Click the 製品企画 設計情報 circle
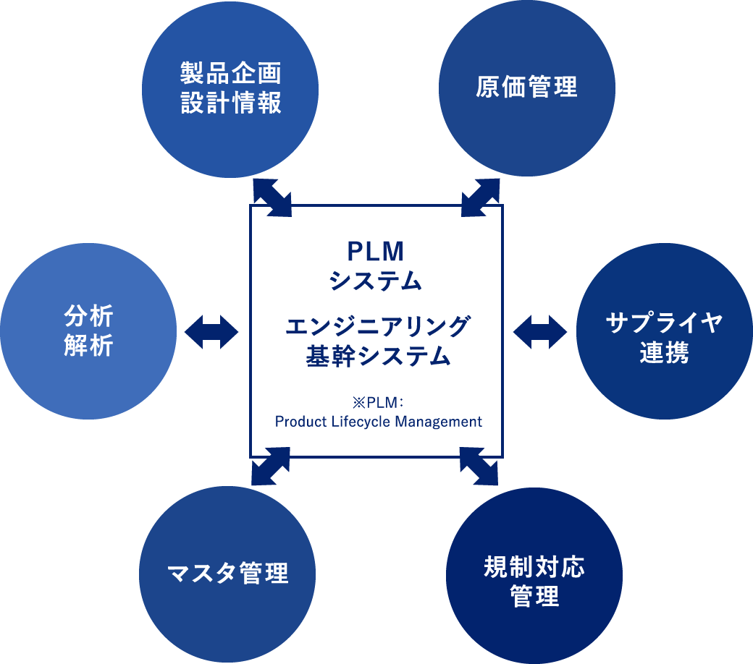(230, 88)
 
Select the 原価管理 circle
(527, 88)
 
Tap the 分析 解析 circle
(88, 331)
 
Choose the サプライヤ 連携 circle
(665, 331)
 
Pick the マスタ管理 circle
(227, 573)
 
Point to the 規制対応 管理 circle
(534, 576)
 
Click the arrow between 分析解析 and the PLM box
(211, 331)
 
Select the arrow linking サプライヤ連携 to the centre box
(540, 331)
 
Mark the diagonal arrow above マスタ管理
(270, 467)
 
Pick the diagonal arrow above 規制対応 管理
(479, 467)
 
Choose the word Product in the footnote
(298, 422)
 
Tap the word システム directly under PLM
(375, 280)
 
